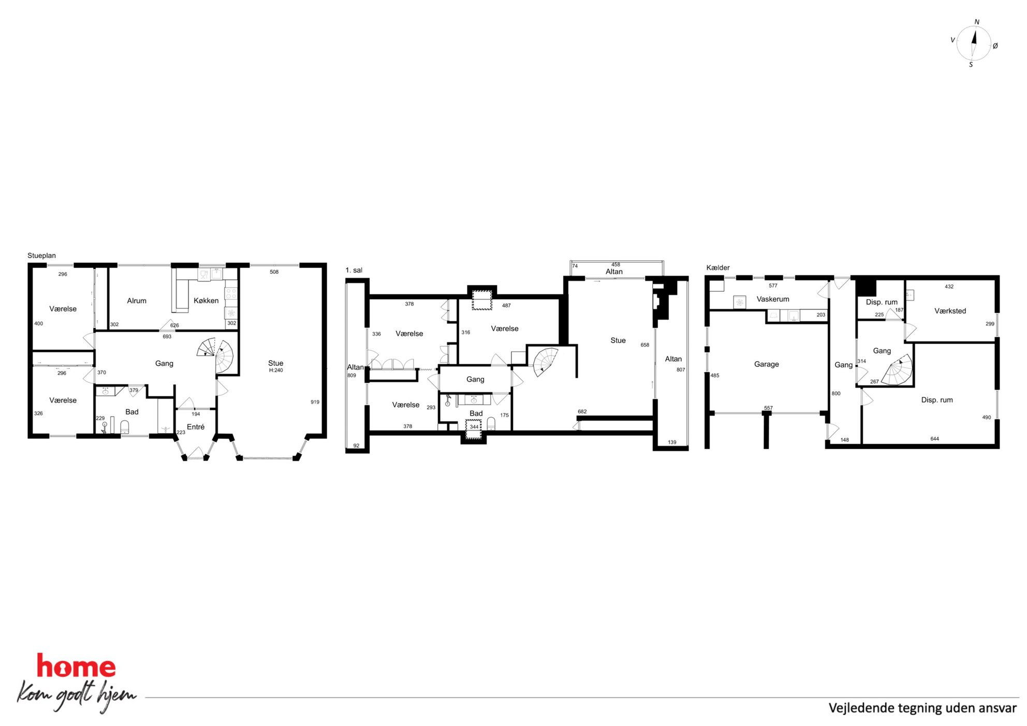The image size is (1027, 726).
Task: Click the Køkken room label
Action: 206,301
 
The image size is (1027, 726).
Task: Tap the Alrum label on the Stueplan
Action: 137,301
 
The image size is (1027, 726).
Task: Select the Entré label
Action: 196,427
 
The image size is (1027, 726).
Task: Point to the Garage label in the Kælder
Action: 766,364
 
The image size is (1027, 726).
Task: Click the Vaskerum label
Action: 773,299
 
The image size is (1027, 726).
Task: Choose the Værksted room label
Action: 950,311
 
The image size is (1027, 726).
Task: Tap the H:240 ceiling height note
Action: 276,371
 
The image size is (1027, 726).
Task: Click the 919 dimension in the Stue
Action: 315,402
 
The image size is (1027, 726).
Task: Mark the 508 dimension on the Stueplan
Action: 274,272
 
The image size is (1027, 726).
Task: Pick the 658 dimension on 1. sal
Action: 644,345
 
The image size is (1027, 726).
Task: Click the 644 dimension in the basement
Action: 934,439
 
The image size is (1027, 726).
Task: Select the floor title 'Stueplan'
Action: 41,256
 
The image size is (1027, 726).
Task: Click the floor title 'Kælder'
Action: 718,268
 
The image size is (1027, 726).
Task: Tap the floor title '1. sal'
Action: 354,270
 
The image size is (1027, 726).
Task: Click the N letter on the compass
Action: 977,22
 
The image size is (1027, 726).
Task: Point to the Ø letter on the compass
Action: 995,46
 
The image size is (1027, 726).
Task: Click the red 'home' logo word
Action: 76,666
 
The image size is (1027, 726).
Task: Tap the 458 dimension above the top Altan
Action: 615,264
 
